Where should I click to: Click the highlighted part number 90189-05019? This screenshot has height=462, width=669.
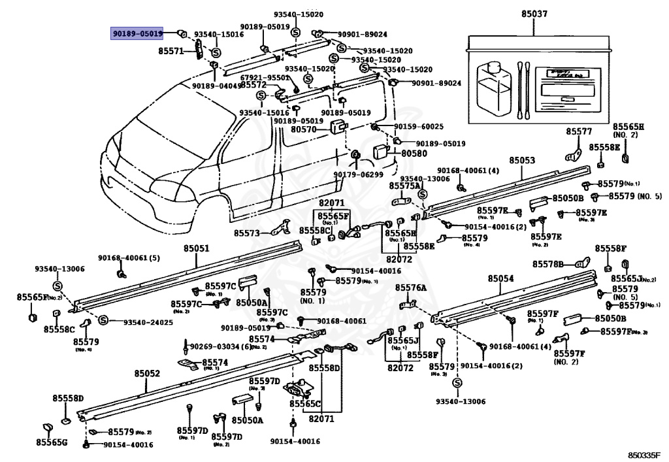[x=137, y=33]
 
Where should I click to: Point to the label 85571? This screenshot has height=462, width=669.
[x=172, y=50]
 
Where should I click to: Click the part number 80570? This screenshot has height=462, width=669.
[x=304, y=130]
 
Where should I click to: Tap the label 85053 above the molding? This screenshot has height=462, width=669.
[x=522, y=160]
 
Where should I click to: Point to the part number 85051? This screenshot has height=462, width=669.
[x=196, y=248]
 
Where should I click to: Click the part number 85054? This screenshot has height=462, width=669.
[x=500, y=278]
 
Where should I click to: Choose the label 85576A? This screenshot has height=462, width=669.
[x=410, y=288]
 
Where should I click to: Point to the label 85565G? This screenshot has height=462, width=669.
[x=52, y=442]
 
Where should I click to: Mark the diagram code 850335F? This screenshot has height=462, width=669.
[x=644, y=454]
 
